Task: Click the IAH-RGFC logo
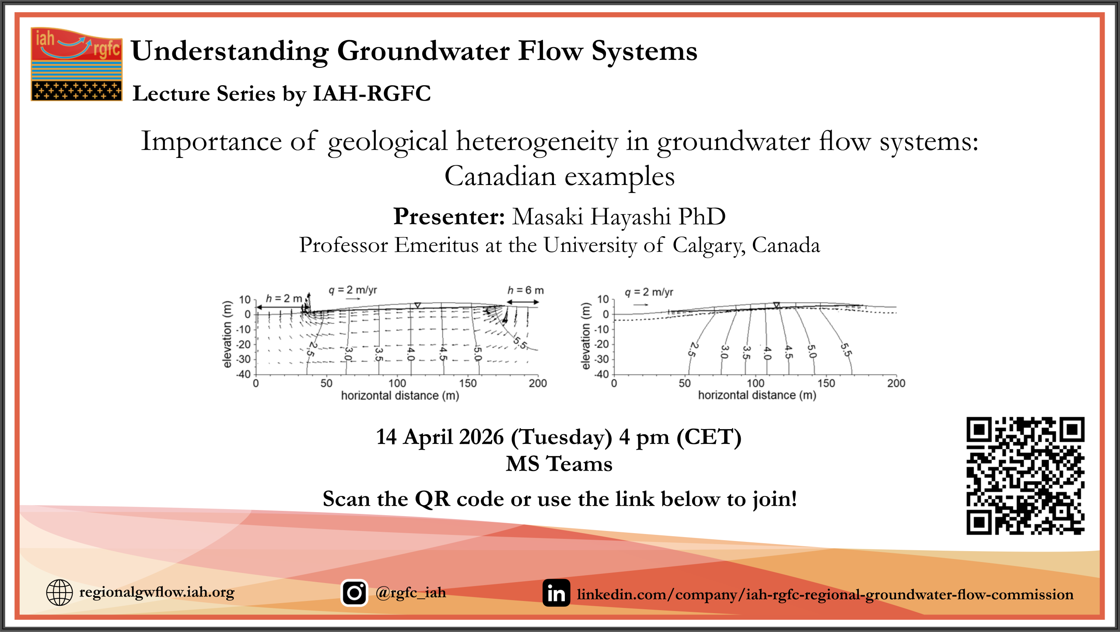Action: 77,64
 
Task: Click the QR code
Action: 1025,475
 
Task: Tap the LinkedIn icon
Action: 556,593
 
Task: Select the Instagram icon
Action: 354,593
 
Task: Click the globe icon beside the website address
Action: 59,592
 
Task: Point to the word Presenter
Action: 449,216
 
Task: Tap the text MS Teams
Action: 559,464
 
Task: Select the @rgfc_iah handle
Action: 410,593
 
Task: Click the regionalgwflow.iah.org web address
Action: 157,593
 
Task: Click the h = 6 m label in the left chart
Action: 525,290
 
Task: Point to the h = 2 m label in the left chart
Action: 284,298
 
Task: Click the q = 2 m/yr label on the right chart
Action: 649,292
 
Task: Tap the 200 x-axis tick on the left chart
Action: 538,384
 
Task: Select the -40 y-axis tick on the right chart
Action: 602,374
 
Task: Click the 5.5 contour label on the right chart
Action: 846,350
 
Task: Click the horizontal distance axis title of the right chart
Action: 757,395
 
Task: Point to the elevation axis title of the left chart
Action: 227,335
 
